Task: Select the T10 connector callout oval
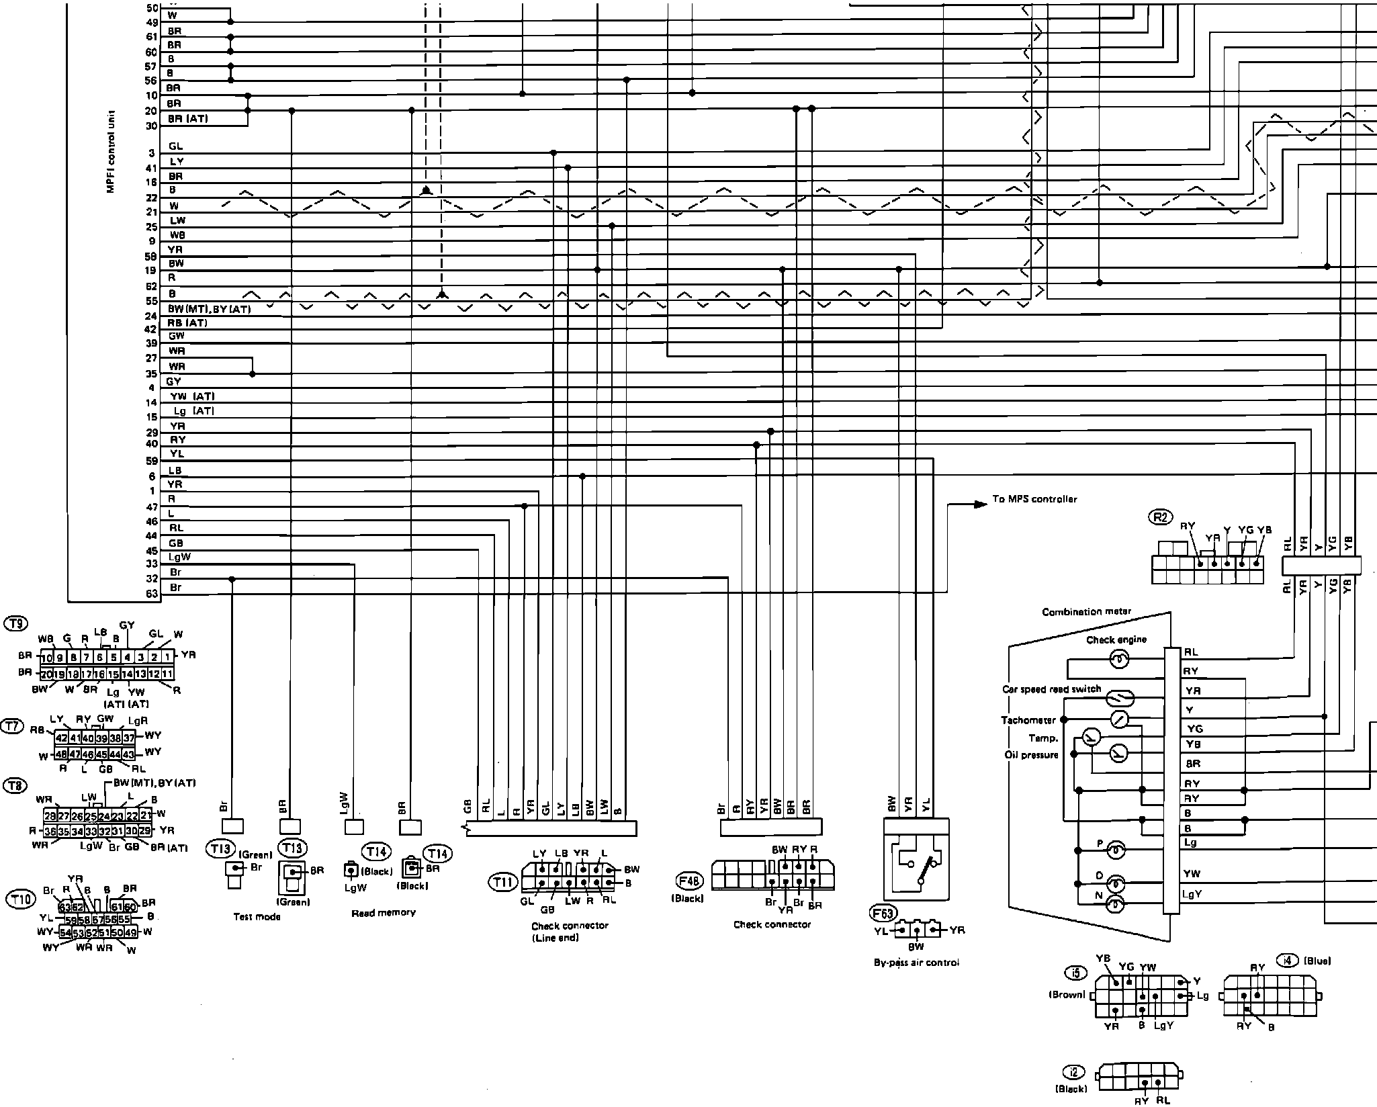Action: pyautogui.click(x=20, y=899)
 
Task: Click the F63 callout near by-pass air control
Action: pyautogui.click(x=882, y=913)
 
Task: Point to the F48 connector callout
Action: pyautogui.click(x=690, y=879)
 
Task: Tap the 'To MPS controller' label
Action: pyautogui.click(x=1034, y=499)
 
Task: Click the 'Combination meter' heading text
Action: pyautogui.click(x=1086, y=612)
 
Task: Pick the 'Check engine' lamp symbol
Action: pyautogui.click(x=1118, y=660)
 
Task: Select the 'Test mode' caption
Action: pyautogui.click(x=257, y=917)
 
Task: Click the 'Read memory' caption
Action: pyautogui.click(x=384, y=913)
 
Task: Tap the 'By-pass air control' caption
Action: pyautogui.click(x=916, y=963)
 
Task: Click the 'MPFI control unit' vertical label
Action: pyautogui.click(x=111, y=151)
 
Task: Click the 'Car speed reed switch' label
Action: pyautogui.click(x=1051, y=689)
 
